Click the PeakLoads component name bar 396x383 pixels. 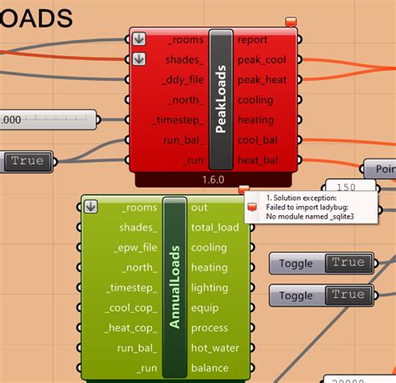coord(221,98)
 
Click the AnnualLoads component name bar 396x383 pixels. coord(175,287)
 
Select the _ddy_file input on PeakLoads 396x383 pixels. coord(180,79)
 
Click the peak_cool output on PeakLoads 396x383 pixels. coord(261,59)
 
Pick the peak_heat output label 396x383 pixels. coord(261,79)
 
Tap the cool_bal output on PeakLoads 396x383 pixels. coord(258,139)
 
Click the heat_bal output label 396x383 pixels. coord(258,159)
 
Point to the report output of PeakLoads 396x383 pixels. coord(252,39)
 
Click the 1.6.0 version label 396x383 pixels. coord(213,179)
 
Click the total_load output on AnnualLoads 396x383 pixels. coord(215,228)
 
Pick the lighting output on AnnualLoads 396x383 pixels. coord(209,288)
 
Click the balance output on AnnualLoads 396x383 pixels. coord(209,368)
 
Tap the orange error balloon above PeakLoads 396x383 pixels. coord(291,22)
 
